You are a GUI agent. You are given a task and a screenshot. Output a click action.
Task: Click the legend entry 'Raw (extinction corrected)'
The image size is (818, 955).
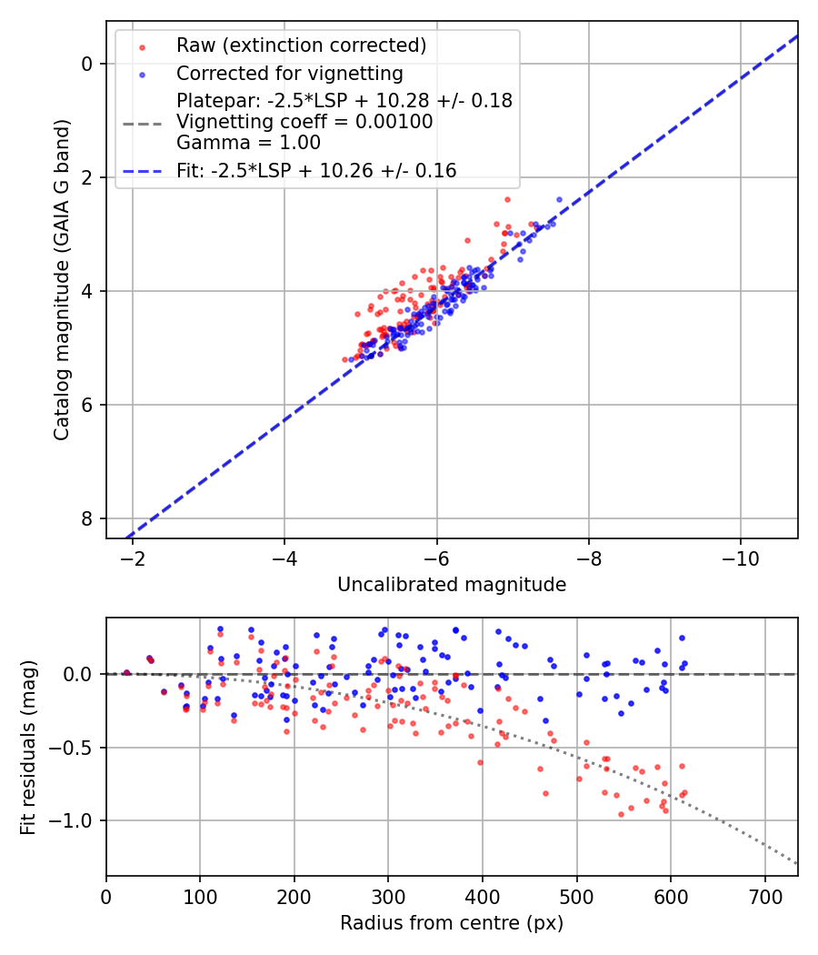(x=301, y=45)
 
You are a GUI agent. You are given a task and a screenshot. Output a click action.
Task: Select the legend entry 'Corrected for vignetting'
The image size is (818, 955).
(x=290, y=73)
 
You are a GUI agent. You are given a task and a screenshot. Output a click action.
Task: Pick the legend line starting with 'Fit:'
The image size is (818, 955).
(x=316, y=170)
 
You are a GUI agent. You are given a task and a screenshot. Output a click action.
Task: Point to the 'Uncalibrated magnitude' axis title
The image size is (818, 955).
(x=452, y=585)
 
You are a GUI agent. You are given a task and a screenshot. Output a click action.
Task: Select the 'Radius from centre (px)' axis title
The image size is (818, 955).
(x=452, y=923)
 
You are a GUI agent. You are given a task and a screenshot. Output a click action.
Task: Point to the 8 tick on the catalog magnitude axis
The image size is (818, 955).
(x=86, y=518)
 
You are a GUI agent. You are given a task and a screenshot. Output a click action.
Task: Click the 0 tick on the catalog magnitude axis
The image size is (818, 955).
(x=86, y=64)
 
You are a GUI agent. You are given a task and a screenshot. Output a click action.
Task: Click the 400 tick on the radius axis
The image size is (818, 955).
(x=483, y=896)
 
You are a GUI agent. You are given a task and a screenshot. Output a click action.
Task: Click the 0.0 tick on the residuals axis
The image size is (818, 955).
(x=80, y=674)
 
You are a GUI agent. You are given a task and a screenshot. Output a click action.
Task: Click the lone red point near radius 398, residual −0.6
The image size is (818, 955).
(x=480, y=762)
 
